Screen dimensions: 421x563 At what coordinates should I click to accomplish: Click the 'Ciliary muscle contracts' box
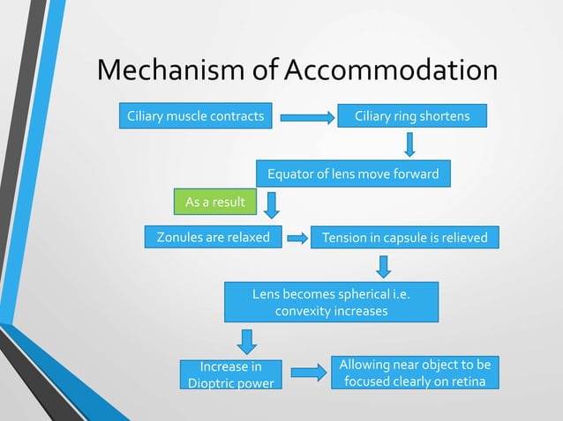tap(197, 116)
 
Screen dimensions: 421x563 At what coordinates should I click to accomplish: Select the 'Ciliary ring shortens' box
tap(411, 116)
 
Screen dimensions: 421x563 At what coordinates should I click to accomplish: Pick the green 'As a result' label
tap(214, 203)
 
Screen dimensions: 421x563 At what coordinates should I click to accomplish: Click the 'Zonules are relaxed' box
tap(213, 237)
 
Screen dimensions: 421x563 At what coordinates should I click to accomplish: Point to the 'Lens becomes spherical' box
tap(332, 302)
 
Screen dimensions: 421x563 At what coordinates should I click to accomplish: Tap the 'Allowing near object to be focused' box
tap(416, 373)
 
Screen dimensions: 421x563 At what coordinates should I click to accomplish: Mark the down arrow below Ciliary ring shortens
tap(410, 144)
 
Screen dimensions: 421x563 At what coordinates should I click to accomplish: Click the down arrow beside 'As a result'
tap(272, 204)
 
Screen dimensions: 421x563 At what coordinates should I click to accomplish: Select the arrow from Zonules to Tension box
tap(297, 238)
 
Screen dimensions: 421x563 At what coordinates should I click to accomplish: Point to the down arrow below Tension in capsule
tap(384, 265)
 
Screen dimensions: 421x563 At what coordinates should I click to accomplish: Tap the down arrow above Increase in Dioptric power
tap(248, 341)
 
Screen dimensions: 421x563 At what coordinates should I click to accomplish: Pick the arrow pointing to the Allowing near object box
tap(308, 373)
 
